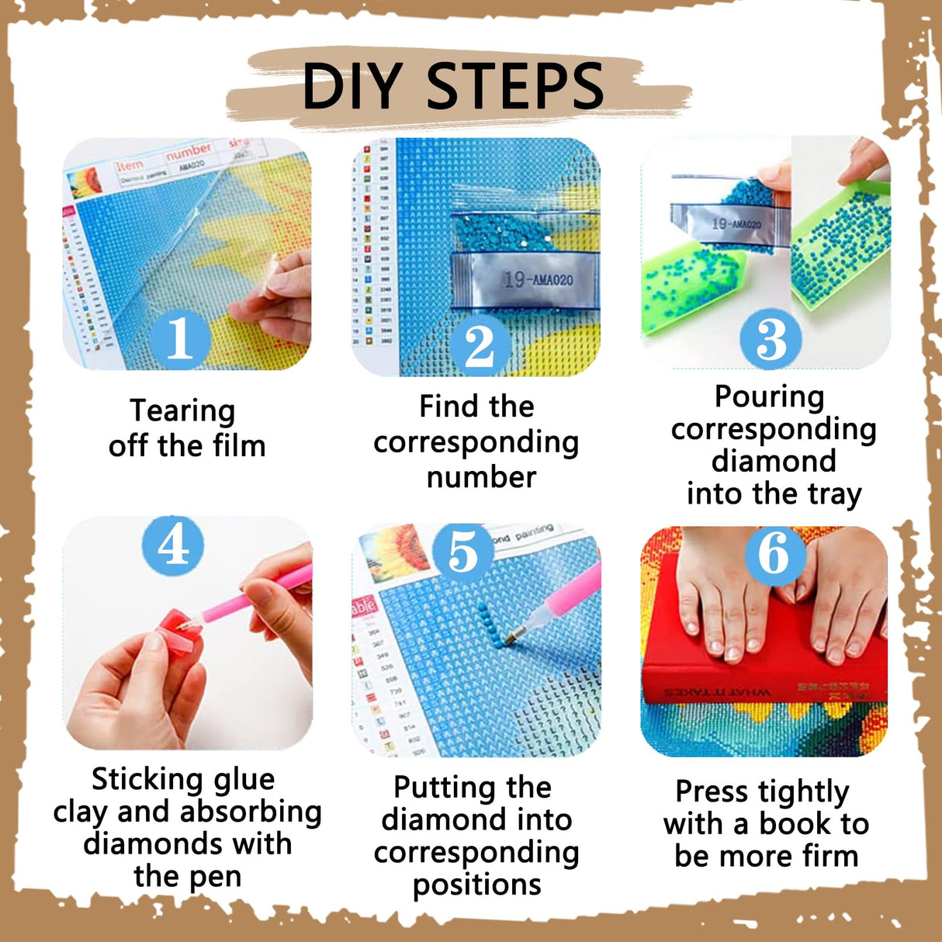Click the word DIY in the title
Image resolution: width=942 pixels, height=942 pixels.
tap(352, 86)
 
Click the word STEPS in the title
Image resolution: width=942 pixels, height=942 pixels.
tap(515, 86)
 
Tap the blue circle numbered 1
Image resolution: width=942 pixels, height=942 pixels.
tap(180, 338)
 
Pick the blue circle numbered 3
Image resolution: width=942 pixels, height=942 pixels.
tap(771, 338)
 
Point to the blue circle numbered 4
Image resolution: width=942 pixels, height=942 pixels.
tap(173, 545)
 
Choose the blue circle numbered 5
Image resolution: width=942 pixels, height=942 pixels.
tap(463, 552)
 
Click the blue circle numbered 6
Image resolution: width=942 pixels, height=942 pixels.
tap(773, 552)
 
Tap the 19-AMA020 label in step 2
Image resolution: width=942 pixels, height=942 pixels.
tap(537, 279)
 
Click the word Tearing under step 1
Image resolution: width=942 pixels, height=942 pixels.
tap(182, 410)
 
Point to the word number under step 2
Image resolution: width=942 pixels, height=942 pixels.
tap(481, 477)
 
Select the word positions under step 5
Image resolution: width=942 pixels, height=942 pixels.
tap(476, 885)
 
